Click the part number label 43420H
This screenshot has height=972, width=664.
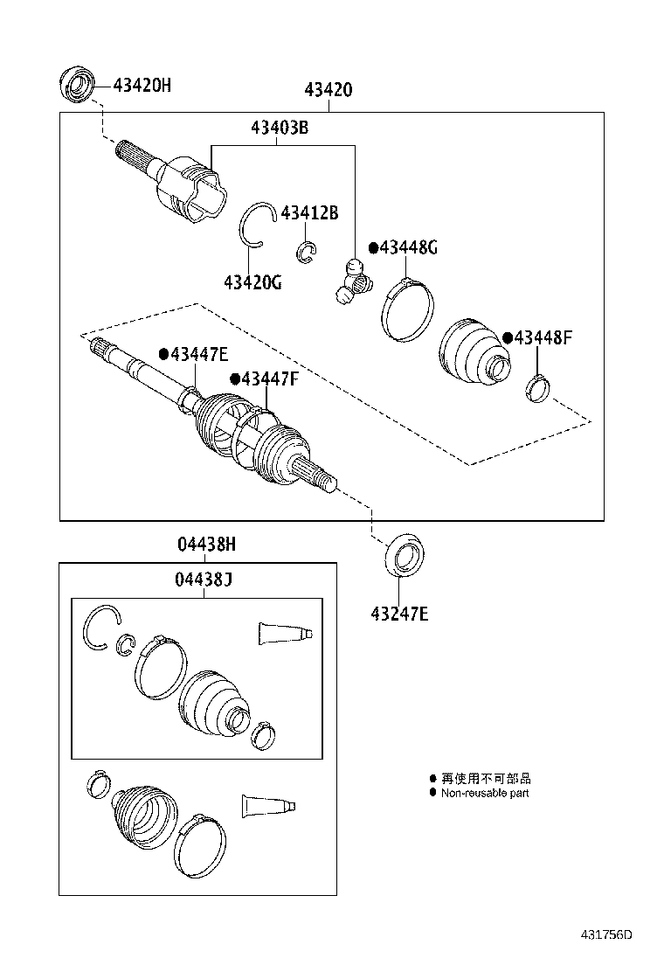point(141,85)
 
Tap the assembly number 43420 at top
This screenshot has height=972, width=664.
point(329,90)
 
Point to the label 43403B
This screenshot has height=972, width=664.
point(280,128)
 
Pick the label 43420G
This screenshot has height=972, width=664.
point(252,282)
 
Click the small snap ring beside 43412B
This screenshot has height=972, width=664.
point(307,252)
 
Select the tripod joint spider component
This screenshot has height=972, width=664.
point(353,281)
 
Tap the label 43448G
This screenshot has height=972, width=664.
point(407,248)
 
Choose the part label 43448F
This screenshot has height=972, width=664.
point(542,338)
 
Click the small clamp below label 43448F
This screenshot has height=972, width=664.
point(537,387)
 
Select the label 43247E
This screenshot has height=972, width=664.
point(398,614)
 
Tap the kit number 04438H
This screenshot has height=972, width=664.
point(207,545)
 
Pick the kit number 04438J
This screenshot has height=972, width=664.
point(204,580)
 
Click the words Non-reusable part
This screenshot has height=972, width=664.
point(484,793)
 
